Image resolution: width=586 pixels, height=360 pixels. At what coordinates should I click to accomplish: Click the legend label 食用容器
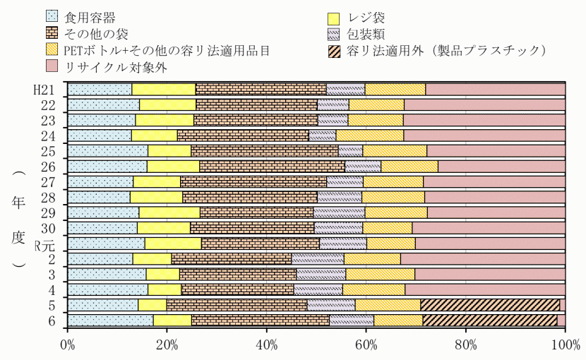pos(88,16)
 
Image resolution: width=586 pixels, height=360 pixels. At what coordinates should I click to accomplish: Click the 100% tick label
pos(564,345)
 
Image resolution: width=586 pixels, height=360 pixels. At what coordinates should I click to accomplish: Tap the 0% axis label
pos(68,345)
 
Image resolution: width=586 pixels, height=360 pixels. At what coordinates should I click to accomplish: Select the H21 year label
pos(45,90)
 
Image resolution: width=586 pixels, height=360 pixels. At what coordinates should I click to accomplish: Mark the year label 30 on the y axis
pos(48,229)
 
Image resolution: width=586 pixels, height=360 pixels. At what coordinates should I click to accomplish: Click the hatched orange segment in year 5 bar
pos(490,304)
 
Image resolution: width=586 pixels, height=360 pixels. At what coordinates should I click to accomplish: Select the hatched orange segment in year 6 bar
pos(489,320)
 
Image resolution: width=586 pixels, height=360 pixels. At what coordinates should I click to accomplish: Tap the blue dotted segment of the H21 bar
pos(100,89)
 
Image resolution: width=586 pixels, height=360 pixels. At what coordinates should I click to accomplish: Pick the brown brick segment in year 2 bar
pos(232,258)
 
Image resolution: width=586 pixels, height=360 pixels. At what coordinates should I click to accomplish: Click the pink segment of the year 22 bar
pos(484,104)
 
